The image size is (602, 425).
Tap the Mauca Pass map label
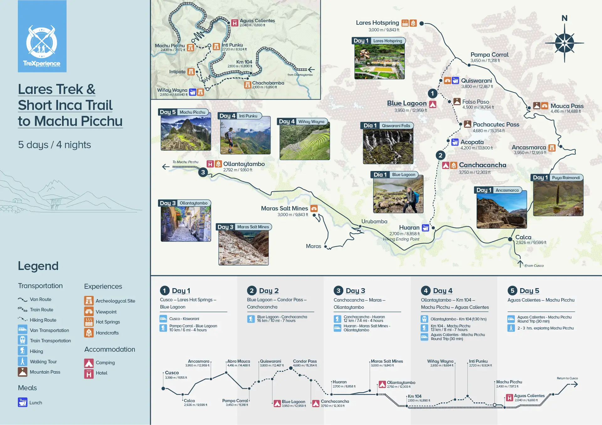pyautogui.click(x=567, y=106)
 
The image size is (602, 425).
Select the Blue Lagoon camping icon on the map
pyautogui.click(x=433, y=104)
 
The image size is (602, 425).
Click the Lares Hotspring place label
pyautogui.click(x=377, y=23)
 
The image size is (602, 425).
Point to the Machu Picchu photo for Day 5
pyautogui.click(x=186, y=133)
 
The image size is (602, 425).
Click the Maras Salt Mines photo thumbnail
pyautogui.click(x=243, y=248)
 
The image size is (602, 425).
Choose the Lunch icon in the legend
pyautogui.click(x=23, y=402)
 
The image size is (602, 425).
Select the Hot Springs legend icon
pyautogui.click(x=89, y=322)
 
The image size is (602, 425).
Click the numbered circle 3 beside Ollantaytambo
pyautogui.click(x=203, y=172)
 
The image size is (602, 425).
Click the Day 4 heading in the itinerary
pyautogui.click(x=442, y=291)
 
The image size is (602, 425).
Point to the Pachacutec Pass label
pyautogui.click(x=496, y=125)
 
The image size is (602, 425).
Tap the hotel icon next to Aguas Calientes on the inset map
pyautogui.click(x=235, y=23)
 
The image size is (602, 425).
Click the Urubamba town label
pyautogui.click(x=374, y=221)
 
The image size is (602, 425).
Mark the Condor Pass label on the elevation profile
pyautogui.click(x=304, y=361)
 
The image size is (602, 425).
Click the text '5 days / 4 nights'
pyautogui.click(x=55, y=145)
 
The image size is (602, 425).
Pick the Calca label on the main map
pyautogui.click(x=523, y=237)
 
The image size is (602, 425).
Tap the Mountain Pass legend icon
pyautogui.click(x=23, y=372)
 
